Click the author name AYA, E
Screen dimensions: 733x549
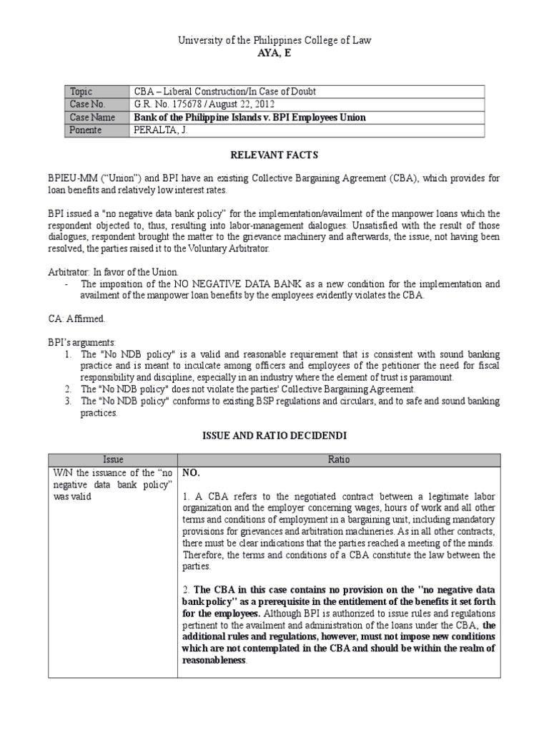tap(274, 54)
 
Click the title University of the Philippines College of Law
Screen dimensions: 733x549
tap(274, 42)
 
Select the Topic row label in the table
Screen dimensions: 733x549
tap(81, 92)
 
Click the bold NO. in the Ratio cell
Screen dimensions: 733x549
tap(190, 473)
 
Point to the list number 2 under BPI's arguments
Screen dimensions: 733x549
tap(66, 389)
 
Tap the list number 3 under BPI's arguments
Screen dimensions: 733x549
tap(66, 401)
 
